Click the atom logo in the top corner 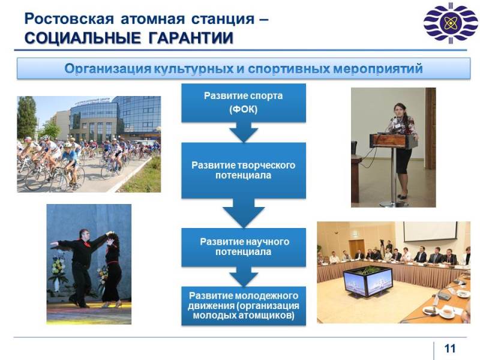tap(451, 23)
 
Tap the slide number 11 tap(449, 349)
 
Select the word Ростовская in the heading tap(69, 19)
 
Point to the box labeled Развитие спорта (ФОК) tap(244, 103)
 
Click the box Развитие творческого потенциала tap(244, 170)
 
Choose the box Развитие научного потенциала tap(244, 247)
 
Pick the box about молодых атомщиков tap(244, 305)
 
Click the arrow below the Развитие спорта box tap(244, 132)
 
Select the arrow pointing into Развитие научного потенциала tap(244, 213)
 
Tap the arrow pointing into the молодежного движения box tap(244, 276)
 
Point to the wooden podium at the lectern tap(394, 141)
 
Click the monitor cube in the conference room tap(368, 281)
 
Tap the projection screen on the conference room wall tap(430, 232)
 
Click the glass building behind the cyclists tap(115, 118)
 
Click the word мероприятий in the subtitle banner tap(378, 68)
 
